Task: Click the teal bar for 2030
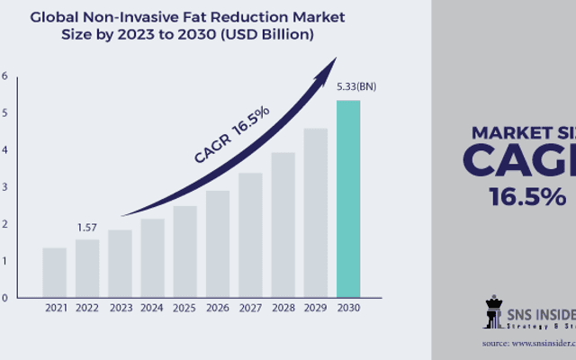coord(347,199)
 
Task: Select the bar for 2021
coord(54,272)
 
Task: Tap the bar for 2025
coord(184,251)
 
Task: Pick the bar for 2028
coord(283,224)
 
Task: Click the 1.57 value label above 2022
coord(86,229)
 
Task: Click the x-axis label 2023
coord(120,308)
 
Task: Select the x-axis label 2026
coord(217,308)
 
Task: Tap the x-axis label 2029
coord(315,308)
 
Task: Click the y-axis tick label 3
coord(4,187)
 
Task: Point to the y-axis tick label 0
coord(4,298)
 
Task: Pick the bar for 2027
coord(250,235)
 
